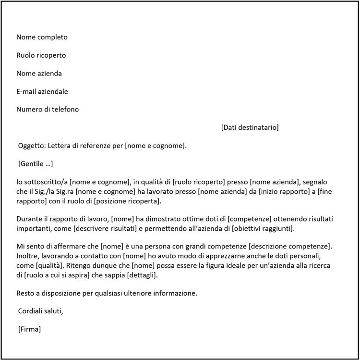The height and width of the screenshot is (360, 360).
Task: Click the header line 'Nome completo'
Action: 42,37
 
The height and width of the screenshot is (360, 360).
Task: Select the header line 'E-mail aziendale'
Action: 42,91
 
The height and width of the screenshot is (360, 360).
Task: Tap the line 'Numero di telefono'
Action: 48,109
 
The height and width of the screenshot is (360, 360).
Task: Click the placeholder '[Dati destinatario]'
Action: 250,127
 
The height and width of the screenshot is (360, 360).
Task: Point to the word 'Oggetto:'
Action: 32,146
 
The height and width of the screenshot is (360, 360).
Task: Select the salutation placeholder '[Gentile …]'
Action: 36,164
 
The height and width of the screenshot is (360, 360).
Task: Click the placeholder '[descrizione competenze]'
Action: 291,246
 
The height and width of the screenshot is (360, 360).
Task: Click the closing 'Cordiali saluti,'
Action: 40,310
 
